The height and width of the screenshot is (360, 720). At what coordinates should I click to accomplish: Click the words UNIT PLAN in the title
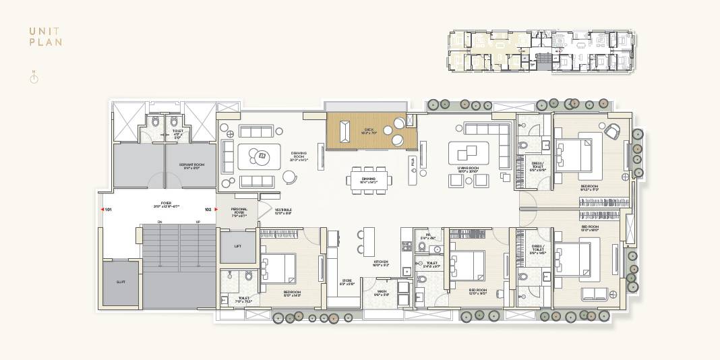[46, 36]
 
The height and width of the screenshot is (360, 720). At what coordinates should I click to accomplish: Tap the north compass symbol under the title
[34, 78]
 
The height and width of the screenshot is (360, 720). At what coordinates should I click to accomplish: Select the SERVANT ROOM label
[191, 165]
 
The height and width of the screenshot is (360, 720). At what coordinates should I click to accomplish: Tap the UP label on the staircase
[198, 222]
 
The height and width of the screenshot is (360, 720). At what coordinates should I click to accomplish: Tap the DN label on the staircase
[160, 222]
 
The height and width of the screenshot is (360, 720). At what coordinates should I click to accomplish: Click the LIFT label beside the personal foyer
[237, 247]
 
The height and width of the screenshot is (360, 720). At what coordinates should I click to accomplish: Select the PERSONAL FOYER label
[239, 212]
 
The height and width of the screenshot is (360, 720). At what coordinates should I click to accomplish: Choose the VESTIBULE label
[283, 211]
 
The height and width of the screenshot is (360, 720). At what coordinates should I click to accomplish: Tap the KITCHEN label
[382, 263]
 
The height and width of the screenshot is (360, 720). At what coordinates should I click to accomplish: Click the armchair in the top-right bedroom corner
[612, 131]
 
